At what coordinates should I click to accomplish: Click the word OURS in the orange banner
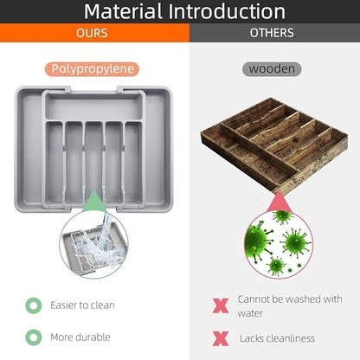[x=92, y=33]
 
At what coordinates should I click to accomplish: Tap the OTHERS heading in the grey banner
[x=272, y=33]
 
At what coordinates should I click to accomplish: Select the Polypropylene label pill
[x=92, y=69]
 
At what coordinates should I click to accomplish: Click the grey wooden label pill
[x=272, y=69]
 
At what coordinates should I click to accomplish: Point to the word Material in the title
[x=123, y=11]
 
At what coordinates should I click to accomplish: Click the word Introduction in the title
[x=226, y=11]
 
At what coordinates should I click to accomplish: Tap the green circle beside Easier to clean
[x=34, y=305]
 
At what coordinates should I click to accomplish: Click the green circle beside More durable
[x=34, y=337]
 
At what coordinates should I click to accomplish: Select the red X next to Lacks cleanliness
[x=221, y=338]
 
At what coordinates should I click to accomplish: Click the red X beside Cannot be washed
[x=221, y=305]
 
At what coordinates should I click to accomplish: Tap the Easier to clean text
[x=82, y=305]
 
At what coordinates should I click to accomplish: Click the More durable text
[x=80, y=337]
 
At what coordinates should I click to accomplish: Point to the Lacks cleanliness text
[x=277, y=338]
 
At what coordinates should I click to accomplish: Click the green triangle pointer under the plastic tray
[x=94, y=202]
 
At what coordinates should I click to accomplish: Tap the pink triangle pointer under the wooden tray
[x=280, y=202]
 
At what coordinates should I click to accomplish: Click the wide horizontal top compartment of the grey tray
[x=93, y=108]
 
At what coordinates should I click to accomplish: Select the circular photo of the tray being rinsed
[x=93, y=244]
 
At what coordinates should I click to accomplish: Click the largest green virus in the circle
[x=257, y=240]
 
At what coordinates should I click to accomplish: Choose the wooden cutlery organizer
[x=274, y=145]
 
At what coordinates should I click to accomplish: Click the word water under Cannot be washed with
[x=250, y=313]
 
